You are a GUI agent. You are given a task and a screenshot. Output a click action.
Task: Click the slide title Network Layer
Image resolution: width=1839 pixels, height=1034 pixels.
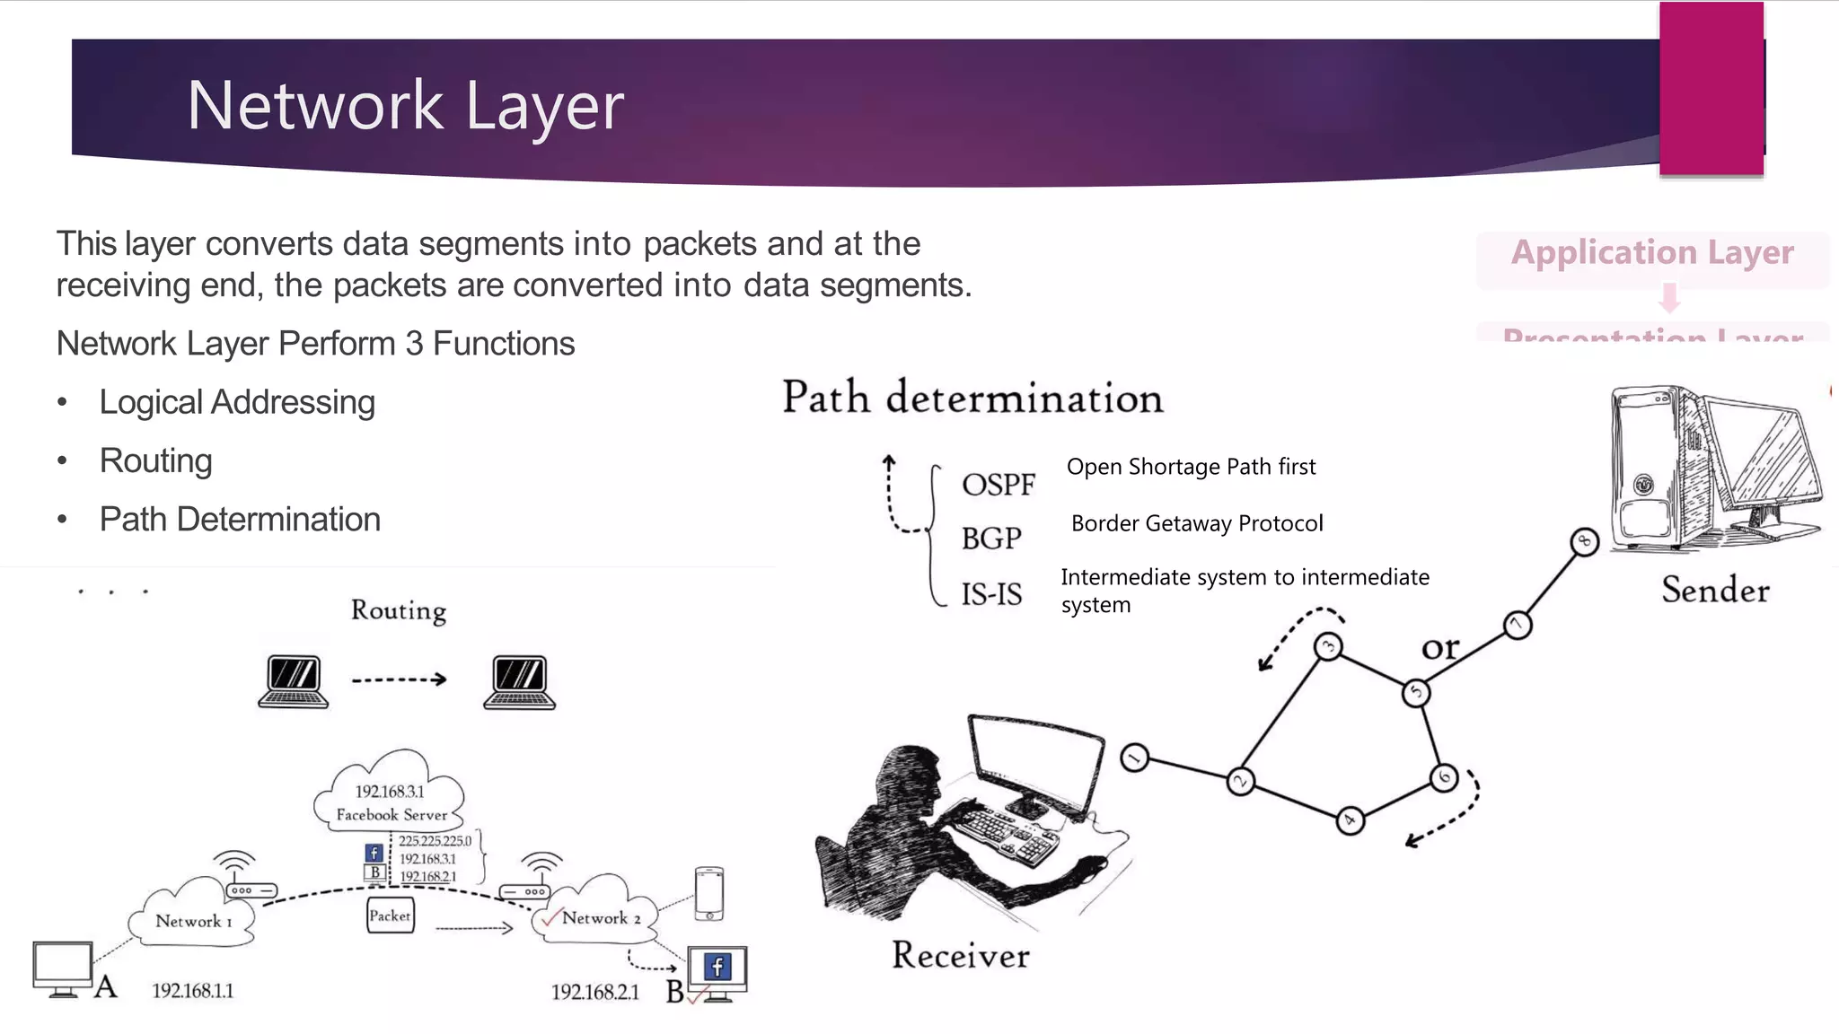click(x=405, y=106)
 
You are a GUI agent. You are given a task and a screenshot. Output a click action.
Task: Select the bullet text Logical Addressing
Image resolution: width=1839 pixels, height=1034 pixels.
click(x=237, y=402)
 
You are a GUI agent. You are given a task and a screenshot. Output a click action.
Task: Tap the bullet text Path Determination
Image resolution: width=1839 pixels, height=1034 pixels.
click(x=240, y=519)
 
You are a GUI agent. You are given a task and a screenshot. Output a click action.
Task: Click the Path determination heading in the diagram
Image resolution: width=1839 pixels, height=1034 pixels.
click(x=972, y=398)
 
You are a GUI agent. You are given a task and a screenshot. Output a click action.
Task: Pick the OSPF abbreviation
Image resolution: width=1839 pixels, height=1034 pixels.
click(x=998, y=485)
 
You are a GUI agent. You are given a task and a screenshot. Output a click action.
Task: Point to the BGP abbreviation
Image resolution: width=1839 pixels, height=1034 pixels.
click(x=991, y=539)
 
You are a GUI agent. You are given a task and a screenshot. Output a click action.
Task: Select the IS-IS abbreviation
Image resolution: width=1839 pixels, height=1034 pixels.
click(x=991, y=593)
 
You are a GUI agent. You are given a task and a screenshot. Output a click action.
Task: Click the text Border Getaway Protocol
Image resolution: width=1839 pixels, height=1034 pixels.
click(x=1196, y=523)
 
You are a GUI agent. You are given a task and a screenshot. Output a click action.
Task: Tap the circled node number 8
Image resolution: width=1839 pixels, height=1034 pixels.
click(x=1585, y=541)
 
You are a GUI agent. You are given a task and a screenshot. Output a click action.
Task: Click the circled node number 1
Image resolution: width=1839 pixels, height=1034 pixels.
click(x=1135, y=758)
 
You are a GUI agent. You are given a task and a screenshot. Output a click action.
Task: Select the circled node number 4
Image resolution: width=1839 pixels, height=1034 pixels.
click(x=1350, y=819)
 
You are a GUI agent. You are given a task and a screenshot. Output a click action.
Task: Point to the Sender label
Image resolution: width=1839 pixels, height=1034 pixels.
click(x=1715, y=590)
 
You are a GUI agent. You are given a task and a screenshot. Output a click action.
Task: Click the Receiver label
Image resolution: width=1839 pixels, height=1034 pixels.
click(x=960, y=955)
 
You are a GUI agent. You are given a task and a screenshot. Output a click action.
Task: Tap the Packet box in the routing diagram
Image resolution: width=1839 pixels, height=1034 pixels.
click(x=391, y=916)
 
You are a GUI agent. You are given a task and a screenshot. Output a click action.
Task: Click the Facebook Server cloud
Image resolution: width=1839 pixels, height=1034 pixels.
click(x=391, y=793)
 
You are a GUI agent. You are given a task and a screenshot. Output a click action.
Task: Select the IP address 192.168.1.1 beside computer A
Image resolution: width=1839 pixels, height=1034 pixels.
click(x=192, y=990)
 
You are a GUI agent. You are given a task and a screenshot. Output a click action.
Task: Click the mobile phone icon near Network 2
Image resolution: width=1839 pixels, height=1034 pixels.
click(x=709, y=893)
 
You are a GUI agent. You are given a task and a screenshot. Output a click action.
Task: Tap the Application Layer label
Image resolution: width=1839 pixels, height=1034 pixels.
click(x=1652, y=253)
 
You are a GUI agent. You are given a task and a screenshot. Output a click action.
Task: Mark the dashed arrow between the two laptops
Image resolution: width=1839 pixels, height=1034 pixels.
click(x=399, y=679)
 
